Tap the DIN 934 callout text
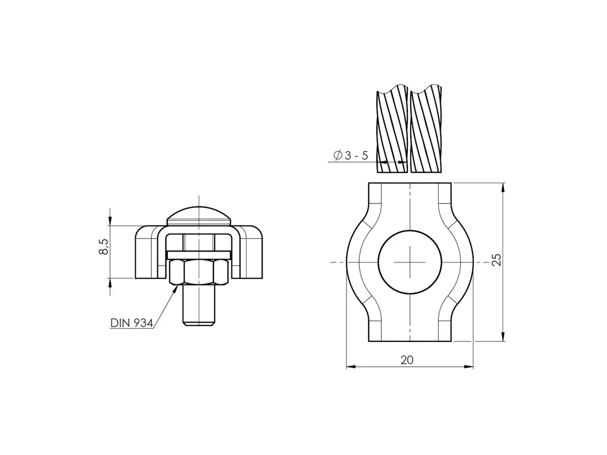coord(132,323)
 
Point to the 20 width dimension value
coord(407,360)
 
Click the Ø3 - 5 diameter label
coord(351,156)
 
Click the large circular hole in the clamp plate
coord(410,262)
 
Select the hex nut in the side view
coord(199,272)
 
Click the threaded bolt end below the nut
coord(199,305)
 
